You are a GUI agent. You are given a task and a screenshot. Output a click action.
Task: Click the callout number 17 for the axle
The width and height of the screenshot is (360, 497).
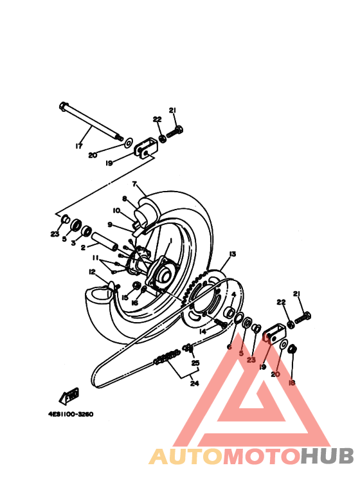point(79,147)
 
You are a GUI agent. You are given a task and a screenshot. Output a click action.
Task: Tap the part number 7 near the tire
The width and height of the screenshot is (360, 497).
point(135,184)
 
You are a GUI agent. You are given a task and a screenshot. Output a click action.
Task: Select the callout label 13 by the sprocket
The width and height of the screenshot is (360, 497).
point(232,254)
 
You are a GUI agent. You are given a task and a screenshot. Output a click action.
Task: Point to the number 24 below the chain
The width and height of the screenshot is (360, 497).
point(195,384)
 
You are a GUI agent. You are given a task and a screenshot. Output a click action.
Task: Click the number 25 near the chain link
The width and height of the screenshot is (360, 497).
point(195,363)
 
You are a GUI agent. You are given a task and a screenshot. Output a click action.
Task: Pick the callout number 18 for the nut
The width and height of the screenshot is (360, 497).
point(291,383)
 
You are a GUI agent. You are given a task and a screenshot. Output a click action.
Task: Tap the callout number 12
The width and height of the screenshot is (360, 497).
point(92,271)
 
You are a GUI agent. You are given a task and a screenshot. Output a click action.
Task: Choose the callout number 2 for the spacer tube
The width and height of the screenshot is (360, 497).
point(83,247)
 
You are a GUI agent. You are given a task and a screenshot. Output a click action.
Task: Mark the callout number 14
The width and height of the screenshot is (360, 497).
point(202,331)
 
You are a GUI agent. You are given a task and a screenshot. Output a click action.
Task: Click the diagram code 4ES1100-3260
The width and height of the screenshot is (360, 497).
point(71,414)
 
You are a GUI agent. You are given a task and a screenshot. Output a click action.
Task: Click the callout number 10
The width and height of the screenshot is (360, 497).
point(117,210)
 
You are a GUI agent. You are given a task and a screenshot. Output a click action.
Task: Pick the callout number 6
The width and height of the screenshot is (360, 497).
point(230,347)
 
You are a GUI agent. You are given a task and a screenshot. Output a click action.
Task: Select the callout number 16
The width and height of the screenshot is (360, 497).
point(134,302)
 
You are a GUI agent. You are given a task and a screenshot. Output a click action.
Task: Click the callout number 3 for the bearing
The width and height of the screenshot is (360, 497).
point(73,244)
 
